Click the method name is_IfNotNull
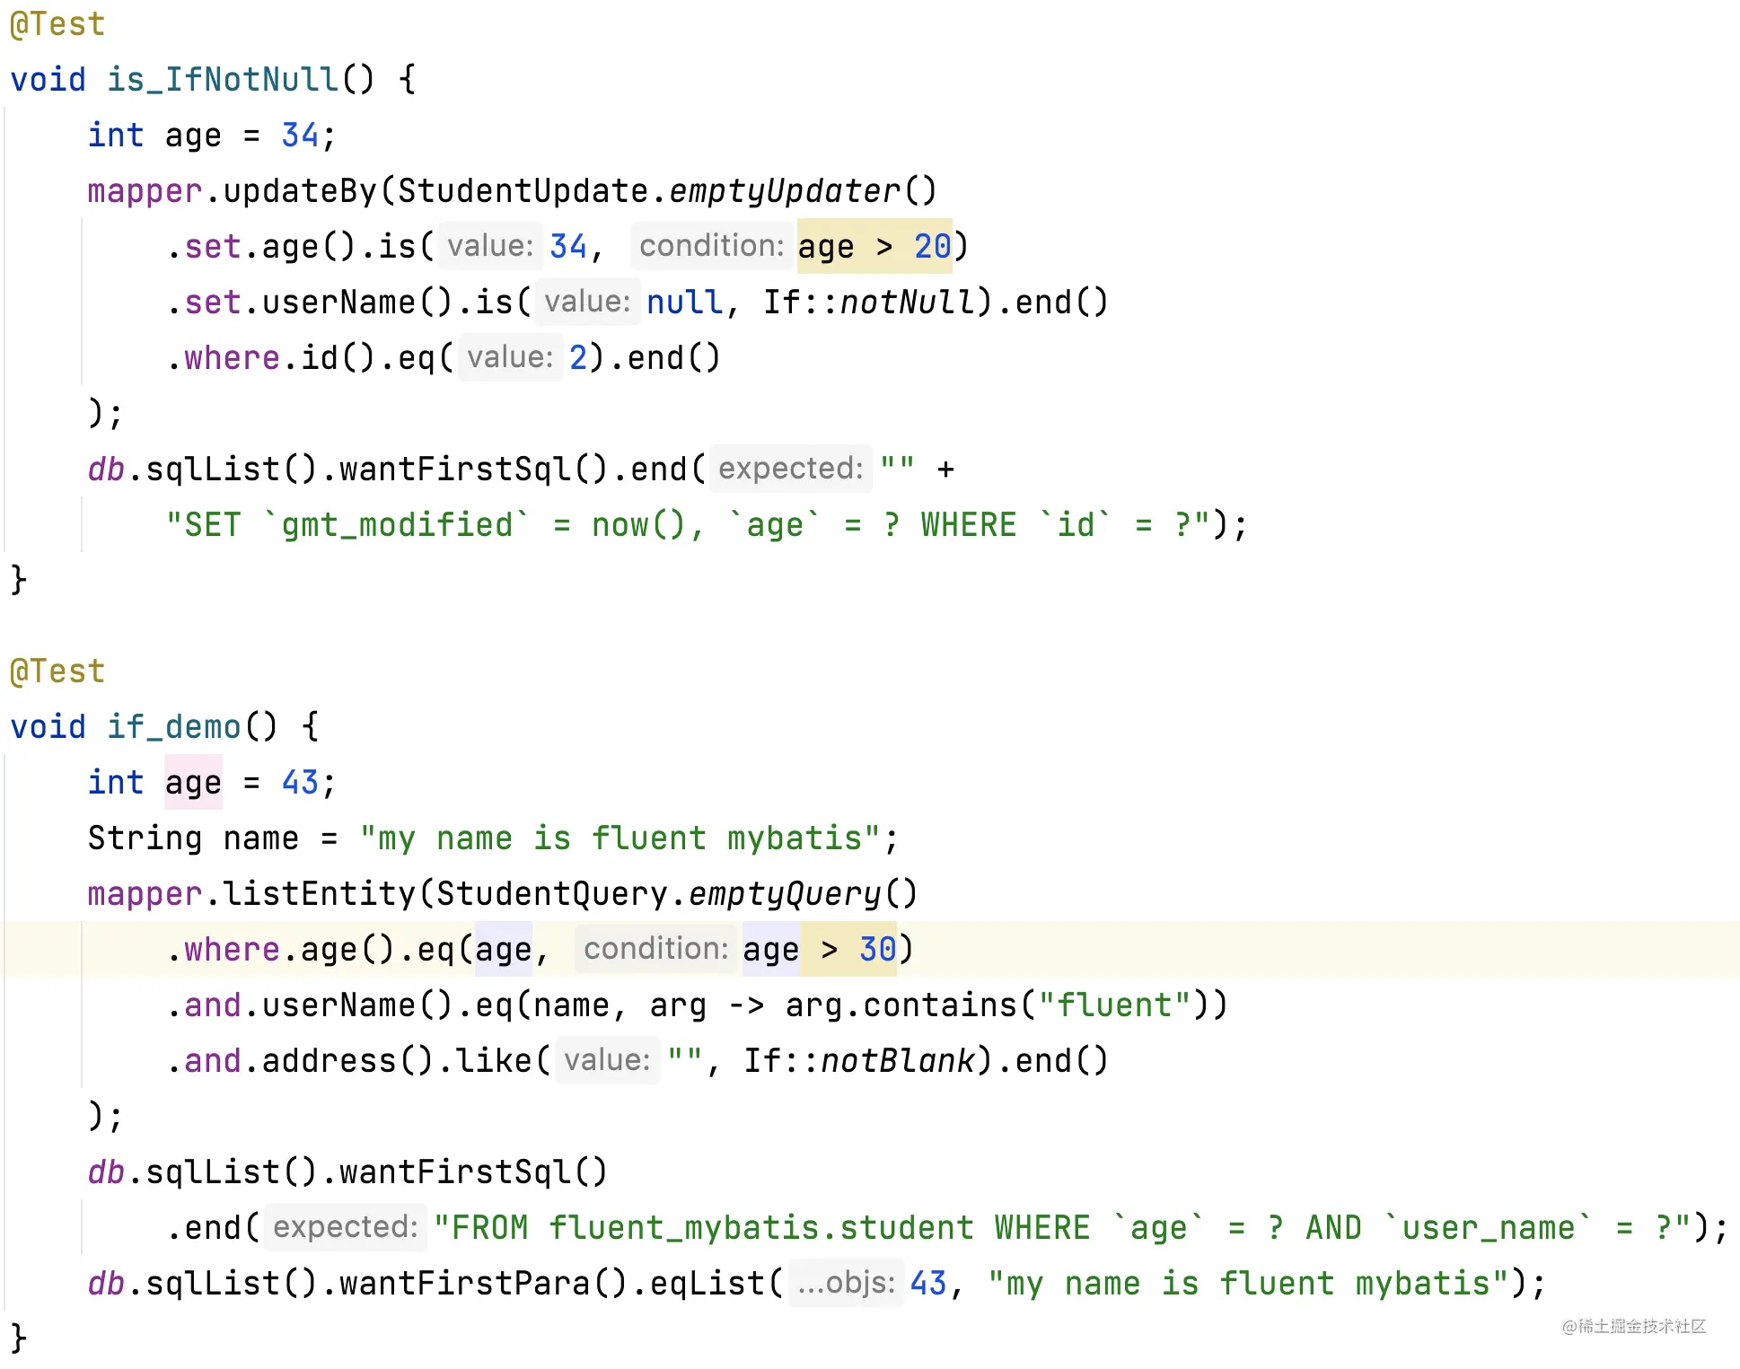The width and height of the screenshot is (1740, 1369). (x=223, y=79)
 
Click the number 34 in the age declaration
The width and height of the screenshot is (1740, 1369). (x=300, y=135)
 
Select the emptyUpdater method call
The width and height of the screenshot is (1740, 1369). (x=784, y=190)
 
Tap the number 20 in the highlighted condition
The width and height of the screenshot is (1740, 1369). (x=932, y=246)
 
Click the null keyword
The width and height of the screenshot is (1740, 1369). (x=684, y=302)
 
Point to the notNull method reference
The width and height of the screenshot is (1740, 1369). (x=907, y=302)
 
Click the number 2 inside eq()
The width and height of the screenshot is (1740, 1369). (x=578, y=357)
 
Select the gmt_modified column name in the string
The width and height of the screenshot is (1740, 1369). (x=397, y=525)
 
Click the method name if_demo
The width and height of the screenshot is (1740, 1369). (x=174, y=726)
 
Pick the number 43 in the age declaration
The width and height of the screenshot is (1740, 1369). (x=300, y=782)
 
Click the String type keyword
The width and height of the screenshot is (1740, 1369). (x=145, y=838)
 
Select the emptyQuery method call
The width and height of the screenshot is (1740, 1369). (x=784, y=893)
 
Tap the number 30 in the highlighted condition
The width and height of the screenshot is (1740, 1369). (x=877, y=949)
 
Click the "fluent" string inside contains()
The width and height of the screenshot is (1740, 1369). (x=1114, y=1005)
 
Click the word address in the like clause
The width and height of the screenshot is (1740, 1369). (x=330, y=1060)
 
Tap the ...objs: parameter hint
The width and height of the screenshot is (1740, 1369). (x=846, y=1283)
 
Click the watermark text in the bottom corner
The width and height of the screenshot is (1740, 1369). (x=1633, y=1326)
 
